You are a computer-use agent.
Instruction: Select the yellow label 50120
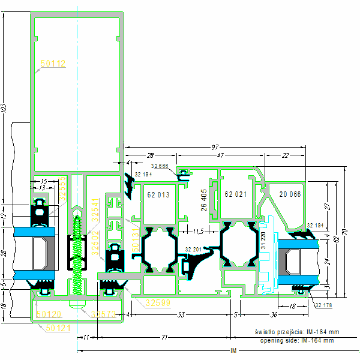[x=48, y=313]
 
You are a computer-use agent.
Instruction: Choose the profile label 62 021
[x=236, y=194]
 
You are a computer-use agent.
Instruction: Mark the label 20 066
[x=290, y=194]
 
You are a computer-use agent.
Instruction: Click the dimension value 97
[x=215, y=148]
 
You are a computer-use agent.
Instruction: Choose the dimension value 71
[x=164, y=338]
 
